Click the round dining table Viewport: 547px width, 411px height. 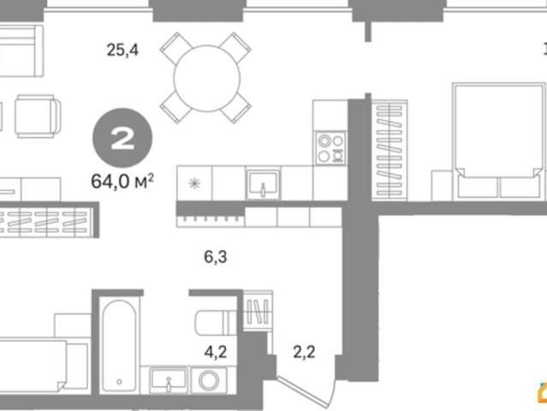tap(207, 78)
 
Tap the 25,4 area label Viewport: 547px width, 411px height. tap(122, 50)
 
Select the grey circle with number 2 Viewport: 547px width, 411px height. tap(122, 138)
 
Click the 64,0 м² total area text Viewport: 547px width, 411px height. tap(122, 181)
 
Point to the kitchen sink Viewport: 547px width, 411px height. tap(263, 183)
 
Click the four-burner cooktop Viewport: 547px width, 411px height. tap(330, 148)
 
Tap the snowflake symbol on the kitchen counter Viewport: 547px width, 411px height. tap(194, 183)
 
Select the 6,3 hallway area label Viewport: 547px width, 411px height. tap(215, 257)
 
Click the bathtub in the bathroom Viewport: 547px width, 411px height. tap(119, 345)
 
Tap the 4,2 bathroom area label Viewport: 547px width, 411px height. tap(215, 352)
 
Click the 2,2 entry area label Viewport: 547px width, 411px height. tap(304, 352)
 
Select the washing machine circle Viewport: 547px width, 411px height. tap(209, 380)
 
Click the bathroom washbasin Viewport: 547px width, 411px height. tap(169, 379)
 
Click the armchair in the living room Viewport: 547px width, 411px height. tap(38, 116)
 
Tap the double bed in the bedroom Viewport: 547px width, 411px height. tap(499, 141)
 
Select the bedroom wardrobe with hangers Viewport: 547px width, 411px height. tap(389, 150)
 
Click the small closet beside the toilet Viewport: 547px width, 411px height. tap(258, 311)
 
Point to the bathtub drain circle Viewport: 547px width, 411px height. tap(119, 382)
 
